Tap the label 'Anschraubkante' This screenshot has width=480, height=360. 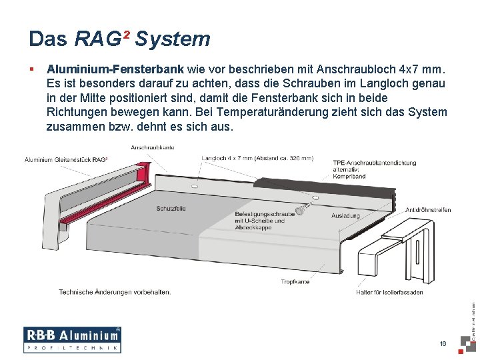pyautogui.click(x=153, y=147)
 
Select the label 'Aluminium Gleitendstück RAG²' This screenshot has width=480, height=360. pyautogui.click(x=67, y=160)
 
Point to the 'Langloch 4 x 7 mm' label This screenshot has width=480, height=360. pyautogui.click(x=257, y=159)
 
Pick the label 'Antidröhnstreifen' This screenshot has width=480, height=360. pyautogui.click(x=428, y=210)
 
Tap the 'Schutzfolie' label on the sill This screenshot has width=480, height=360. pyautogui.click(x=171, y=209)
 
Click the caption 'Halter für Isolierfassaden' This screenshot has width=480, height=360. pyautogui.click(x=389, y=292)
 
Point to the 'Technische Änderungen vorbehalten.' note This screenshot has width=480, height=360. pyautogui.click(x=115, y=292)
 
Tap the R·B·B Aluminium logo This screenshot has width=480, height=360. pyautogui.click(x=72, y=339)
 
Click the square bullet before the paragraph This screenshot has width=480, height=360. pyautogui.click(x=31, y=69)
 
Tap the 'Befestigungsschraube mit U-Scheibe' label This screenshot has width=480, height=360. pyautogui.click(x=260, y=217)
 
